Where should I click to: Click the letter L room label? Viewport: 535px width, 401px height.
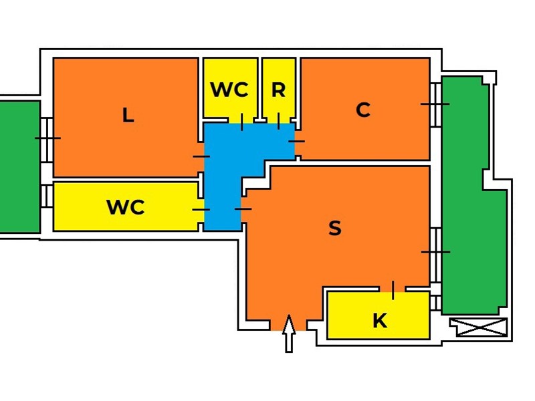pyautogui.click(x=128, y=115)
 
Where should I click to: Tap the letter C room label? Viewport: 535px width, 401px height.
pyautogui.click(x=363, y=110)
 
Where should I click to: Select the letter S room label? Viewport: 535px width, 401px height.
pyautogui.click(x=335, y=228)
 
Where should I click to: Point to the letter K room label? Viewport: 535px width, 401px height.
pyautogui.click(x=380, y=321)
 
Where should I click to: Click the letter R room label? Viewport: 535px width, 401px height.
pyautogui.click(x=278, y=90)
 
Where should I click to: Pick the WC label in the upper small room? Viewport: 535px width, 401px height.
pyautogui.click(x=229, y=90)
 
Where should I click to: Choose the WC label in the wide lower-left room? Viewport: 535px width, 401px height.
pyautogui.click(x=126, y=207)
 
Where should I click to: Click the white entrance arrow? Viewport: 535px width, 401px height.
pyautogui.click(x=289, y=333)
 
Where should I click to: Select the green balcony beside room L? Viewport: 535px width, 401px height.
pyautogui.click(x=20, y=166)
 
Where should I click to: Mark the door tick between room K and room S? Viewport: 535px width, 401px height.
pyautogui.click(x=393, y=290)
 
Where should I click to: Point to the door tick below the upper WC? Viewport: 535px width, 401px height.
pyautogui.click(x=242, y=122)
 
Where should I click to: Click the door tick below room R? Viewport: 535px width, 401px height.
pyautogui.click(x=278, y=122)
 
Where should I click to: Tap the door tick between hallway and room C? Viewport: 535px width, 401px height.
pyautogui.click(x=296, y=141)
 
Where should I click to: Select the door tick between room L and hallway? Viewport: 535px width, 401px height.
pyautogui.click(x=201, y=156)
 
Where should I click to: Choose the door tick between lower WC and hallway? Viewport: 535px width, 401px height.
pyautogui.click(x=201, y=209)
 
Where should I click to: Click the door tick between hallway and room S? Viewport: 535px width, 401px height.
pyautogui.click(x=243, y=209)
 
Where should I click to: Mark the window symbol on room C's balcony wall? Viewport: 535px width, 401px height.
pyautogui.click(x=435, y=104)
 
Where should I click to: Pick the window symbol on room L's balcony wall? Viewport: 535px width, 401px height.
pyautogui.click(x=47, y=138)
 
